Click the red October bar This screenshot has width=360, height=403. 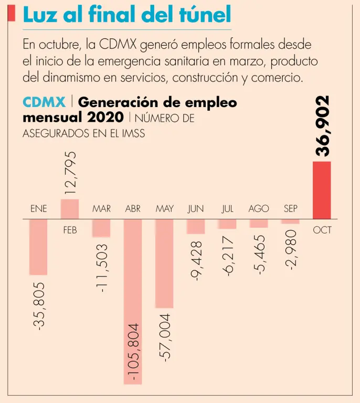pyautogui.click(x=322, y=190)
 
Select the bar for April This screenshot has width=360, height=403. pyautogui.click(x=133, y=302)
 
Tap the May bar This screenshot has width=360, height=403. pyautogui.click(x=164, y=263)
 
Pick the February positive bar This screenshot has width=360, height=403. pyautogui.click(x=70, y=209)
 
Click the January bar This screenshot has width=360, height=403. pyautogui.click(x=38, y=247)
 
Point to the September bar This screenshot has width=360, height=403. pyautogui.click(x=290, y=221)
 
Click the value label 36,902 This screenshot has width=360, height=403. pyautogui.click(x=323, y=126)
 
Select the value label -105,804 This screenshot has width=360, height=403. pyautogui.click(x=133, y=352)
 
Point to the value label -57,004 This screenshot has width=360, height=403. pyautogui.click(x=165, y=337)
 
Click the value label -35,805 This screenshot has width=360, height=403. pyautogui.click(x=39, y=305)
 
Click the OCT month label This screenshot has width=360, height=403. pyautogui.click(x=322, y=230)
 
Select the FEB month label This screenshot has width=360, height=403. pyautogui.click(x=70, y=230)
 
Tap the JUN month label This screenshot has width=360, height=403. pyautogui.click(x=196, y=209)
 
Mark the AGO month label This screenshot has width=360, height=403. pyautogui.click(x=259, y=209)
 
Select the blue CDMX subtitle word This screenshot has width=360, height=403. pyautogui.click(x=44, y=102)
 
